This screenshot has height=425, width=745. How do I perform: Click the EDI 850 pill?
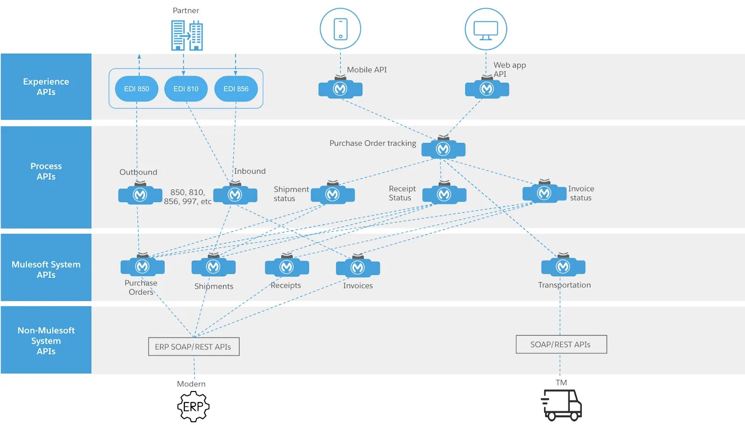(136, 89)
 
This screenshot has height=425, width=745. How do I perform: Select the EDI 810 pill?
(186, 89)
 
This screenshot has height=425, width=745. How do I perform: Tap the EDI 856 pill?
(236, 89)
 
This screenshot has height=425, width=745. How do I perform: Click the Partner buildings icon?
(187, 35)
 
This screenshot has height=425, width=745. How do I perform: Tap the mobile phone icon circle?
(340, 28)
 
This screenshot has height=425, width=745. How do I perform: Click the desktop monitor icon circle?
(486, 29)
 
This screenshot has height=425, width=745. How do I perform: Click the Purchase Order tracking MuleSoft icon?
(443, 147)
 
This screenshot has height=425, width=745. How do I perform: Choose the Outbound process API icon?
(140, 193)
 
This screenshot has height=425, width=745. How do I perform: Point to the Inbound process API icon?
(235, 193)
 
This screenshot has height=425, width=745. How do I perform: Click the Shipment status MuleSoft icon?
(332, 193)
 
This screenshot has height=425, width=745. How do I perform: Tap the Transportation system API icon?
(563, 265)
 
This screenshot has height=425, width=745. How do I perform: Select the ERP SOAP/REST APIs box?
(194, 346)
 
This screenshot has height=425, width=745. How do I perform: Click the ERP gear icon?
(193, 406)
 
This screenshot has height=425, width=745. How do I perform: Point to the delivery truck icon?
(561, 405)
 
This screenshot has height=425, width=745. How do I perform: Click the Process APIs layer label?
(46, 171)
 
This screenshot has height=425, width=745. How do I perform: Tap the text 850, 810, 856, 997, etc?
(188, 197)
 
